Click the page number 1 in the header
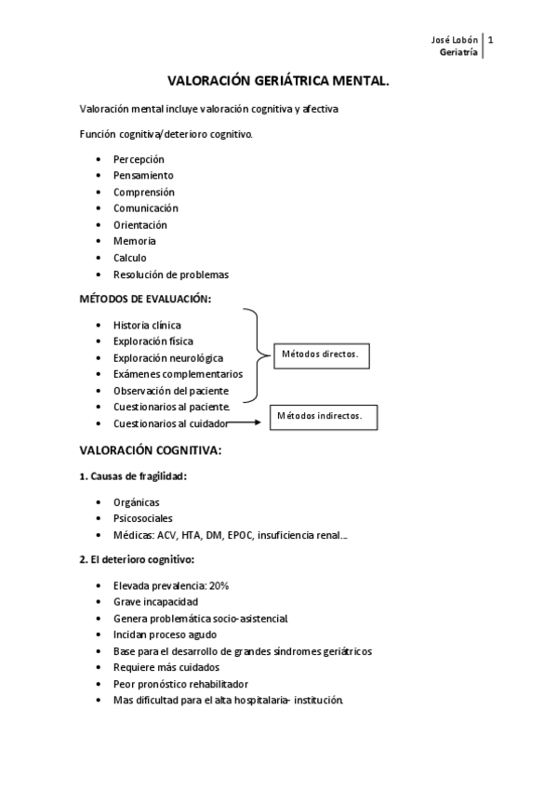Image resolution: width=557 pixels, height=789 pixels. (x=490, y=40)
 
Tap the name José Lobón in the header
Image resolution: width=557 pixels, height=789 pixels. (x=457, y=40)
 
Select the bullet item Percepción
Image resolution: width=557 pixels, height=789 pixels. (x=139, y=159)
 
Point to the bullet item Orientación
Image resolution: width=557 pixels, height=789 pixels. (x=140, y=225)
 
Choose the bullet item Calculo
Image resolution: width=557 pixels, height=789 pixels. (x=130, y=258)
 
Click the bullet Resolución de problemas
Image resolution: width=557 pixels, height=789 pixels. (x=170, y=274)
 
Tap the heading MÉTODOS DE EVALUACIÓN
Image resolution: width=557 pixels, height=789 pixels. (x=144, y=300)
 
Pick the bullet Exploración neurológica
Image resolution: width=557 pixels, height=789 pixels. (x=181, y=357)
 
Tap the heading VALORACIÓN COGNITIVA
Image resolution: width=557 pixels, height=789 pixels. (x=150, y=450)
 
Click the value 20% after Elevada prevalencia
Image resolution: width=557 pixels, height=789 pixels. (x=219, y=585)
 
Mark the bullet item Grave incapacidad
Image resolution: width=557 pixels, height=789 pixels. (x=155, y=602)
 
